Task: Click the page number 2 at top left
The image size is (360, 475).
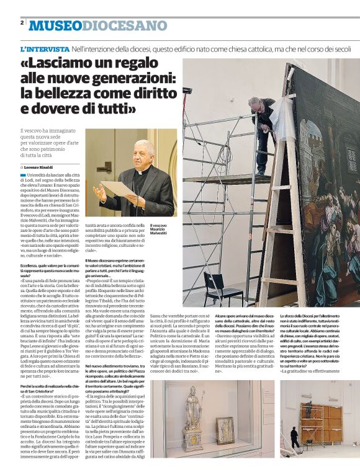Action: tap(22, 22)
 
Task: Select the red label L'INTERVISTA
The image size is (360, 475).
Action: tap(45, 48)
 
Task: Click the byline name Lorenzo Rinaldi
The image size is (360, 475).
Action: tap(40, 167)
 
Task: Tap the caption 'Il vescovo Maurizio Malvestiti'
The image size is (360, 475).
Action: tap(158, 229)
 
